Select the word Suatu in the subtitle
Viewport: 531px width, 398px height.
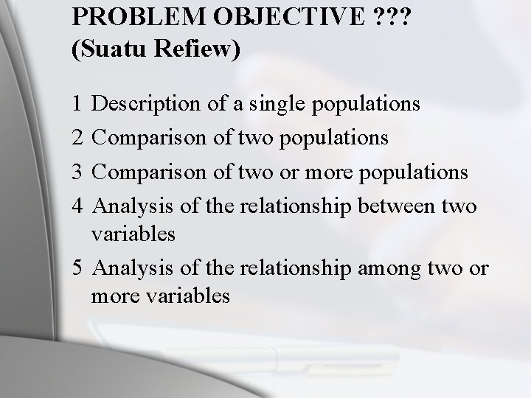pos(108,52)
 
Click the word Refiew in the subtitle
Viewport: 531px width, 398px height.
pos(197,52)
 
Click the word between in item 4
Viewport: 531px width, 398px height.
pos(400,206)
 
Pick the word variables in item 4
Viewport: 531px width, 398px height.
pos(133,234)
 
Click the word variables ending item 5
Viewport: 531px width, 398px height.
pos(188,296)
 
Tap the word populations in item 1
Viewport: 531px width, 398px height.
pos(367,105)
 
